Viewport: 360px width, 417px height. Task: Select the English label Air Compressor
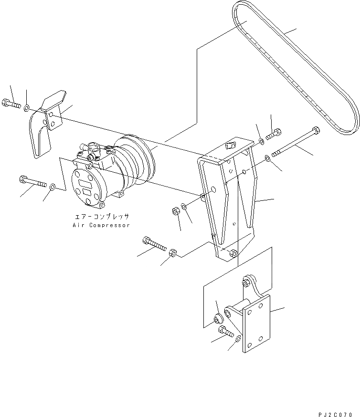tap(101, 225)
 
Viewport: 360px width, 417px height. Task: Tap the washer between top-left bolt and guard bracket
tap(27, 106)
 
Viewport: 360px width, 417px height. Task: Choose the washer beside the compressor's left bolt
tap(52, 186)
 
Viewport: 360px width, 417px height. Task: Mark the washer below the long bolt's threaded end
tap(268, 158)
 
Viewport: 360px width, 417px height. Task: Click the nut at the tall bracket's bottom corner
tap(233, 253)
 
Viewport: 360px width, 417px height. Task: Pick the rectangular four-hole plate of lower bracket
tap(256, 323)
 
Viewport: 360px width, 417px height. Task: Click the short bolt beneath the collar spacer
tap(223, 330)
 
